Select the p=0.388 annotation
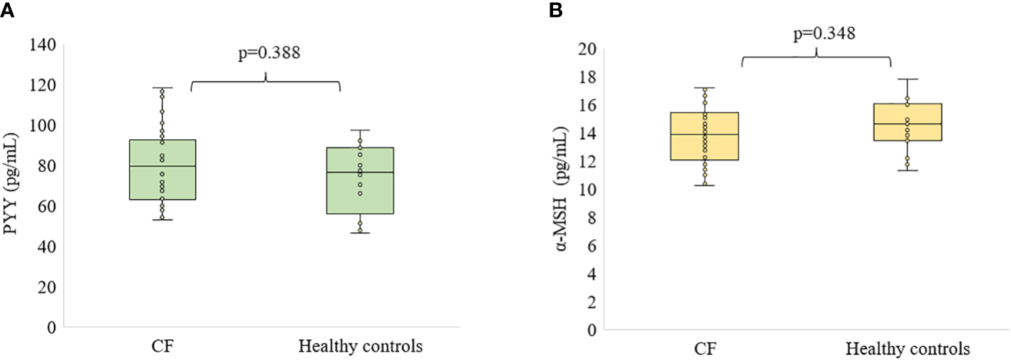[x=267, y=53]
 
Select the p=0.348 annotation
[x=816, y=33]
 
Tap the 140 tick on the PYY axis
[x=44, y=44]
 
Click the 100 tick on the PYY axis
[x=44, y=125]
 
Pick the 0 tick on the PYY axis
[x=50, y=327]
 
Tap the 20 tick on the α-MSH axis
[x=586, y=49]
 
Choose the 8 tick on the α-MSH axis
[x=589, y=218]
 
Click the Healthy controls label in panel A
[x=361, y=347]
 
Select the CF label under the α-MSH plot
[x=705, y=350]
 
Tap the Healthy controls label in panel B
[x=908, y=350]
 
